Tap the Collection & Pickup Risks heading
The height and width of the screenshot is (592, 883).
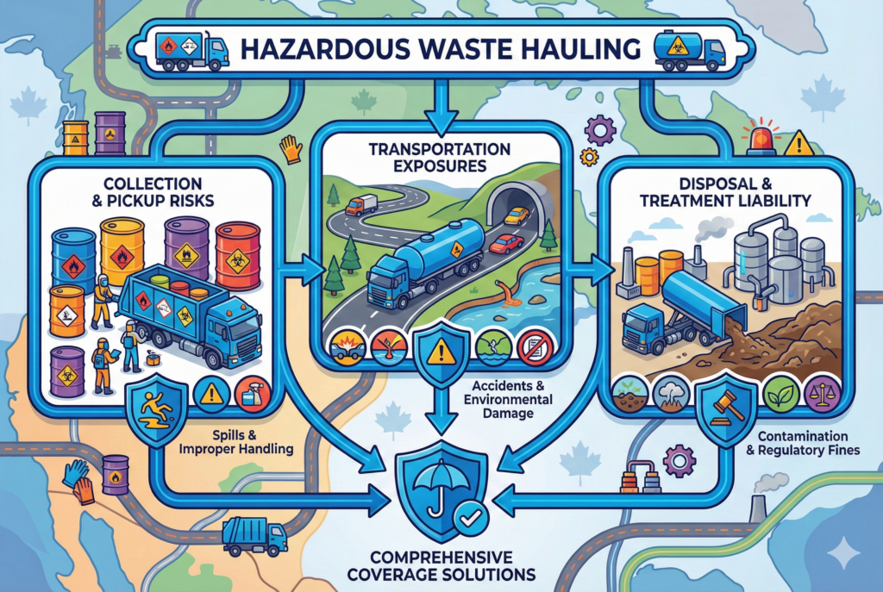tap(153, 192)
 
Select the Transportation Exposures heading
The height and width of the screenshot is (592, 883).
tap(440, 158)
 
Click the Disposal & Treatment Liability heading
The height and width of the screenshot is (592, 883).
tap(725, 192)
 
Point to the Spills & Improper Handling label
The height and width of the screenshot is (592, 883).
tap(236, 442)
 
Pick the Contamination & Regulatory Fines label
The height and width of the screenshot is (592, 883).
tap(803, 443)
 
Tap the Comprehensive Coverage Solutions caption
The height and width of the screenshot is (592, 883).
tap(441, 566)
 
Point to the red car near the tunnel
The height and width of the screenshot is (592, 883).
tap(506, 244)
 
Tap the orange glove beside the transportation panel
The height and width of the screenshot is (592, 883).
tap(291, 148)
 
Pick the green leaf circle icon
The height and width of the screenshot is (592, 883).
tap(781, 393)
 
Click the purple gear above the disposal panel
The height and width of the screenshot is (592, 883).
tap(600, 131)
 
